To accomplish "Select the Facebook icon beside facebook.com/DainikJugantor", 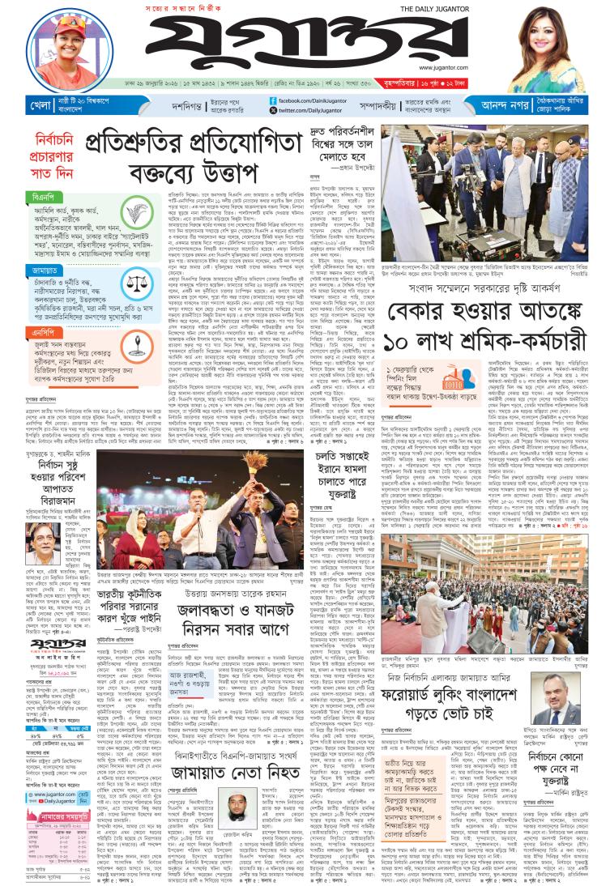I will pos(273,100).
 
